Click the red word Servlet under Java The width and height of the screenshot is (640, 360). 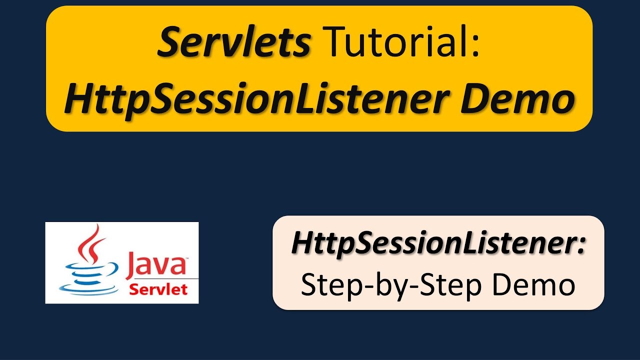point(158,289)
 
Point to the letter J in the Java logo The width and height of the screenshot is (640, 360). point(129,265)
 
